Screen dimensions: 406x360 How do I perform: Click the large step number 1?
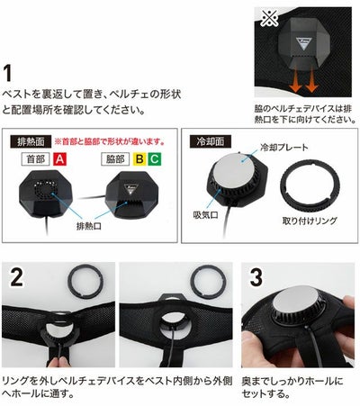tap(11, 71)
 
